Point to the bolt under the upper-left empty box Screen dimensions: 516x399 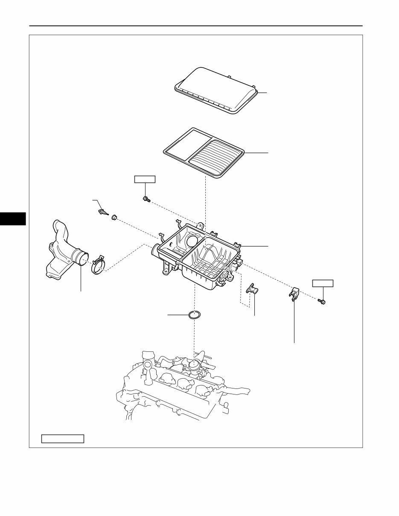click(x=146, y=198)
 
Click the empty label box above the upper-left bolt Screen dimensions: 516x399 click(x=145, y=179)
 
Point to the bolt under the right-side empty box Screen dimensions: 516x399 click(x=322, y=301)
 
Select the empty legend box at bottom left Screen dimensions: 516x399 click(x=63, y=438)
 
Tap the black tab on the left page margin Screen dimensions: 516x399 click(x=13, y=218)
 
